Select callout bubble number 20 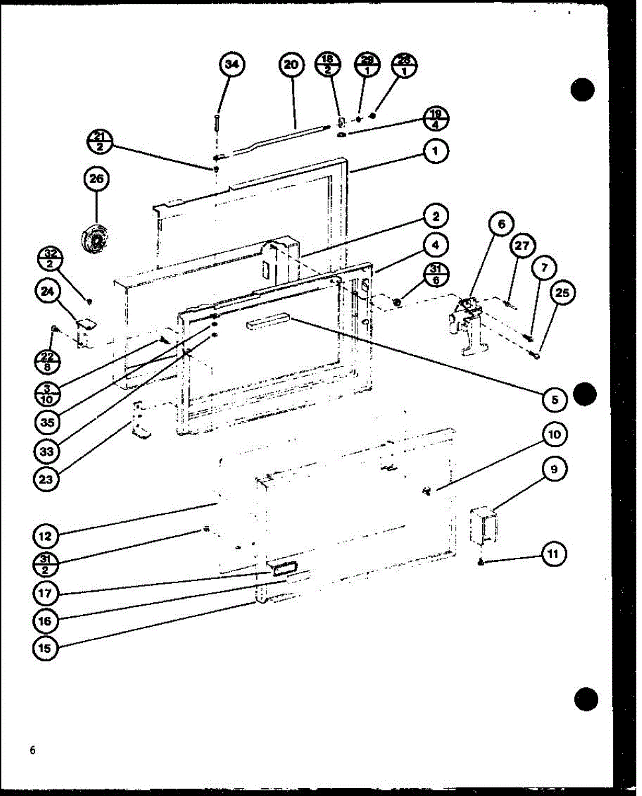[x=291, y=64]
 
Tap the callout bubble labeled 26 [x=97, y=179]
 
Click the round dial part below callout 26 [x=93, y=237]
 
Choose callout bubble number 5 [x=554, y=400]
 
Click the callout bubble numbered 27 [x=523, y=247]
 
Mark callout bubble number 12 [x=46, y=535]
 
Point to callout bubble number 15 [x=46, y=648]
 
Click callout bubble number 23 [x=46, y=480]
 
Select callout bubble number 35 [x=46, y=423]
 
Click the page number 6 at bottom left [x=32, y=750]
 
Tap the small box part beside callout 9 [x=483, y=525]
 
